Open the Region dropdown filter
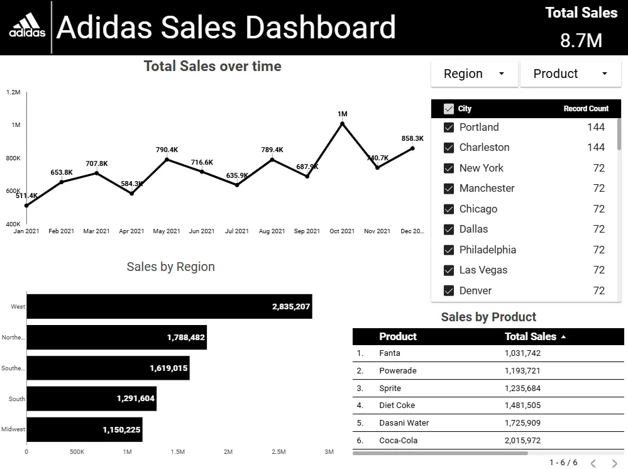(x=474, y=74)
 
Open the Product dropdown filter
(x=571, y=74)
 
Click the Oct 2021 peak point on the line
(x=342, y=124)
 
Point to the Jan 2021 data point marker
(x=26, y=206)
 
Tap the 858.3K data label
(x=412, y=138)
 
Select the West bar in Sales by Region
(x=169, y=306)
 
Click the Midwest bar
(x=84, y=430)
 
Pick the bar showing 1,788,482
(x=116, y=338)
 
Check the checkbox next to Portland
(x=449, y=127)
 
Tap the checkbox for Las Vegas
(x=449, y=270)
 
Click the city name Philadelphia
(x=487, y=250)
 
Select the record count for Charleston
(x=595, y=147)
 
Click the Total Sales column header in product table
(x=531, y=336)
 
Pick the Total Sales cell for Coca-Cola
(x=522, y=440)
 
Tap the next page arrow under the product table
(x=614, y=463)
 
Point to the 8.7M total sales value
(x=581, y=41)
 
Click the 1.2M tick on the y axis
(x=13, y=92)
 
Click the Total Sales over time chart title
(x=212, y=66)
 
